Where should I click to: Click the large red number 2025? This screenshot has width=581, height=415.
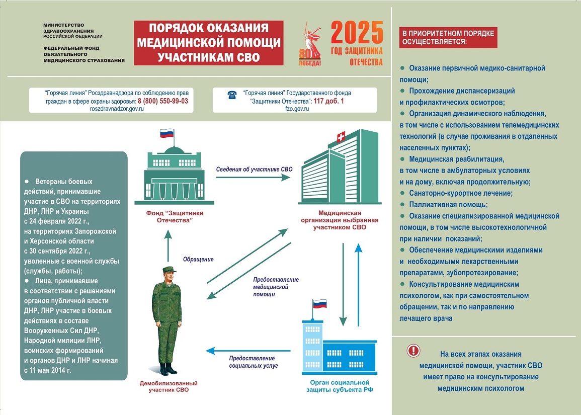(x=357, y=33)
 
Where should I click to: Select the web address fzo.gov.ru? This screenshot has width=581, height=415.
(x=296, y=109)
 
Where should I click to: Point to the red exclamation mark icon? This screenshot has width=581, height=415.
(x=413, y=350)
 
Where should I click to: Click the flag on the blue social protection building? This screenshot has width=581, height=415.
(x=319, y=304)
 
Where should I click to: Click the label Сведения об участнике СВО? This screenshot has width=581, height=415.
(x=247, y=169)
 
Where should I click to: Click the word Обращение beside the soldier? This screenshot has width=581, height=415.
(x=198, y=260)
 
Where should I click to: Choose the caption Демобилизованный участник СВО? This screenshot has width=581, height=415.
(x=169, y=386)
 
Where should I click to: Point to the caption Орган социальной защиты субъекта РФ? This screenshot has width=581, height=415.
(x=340, y=386)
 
